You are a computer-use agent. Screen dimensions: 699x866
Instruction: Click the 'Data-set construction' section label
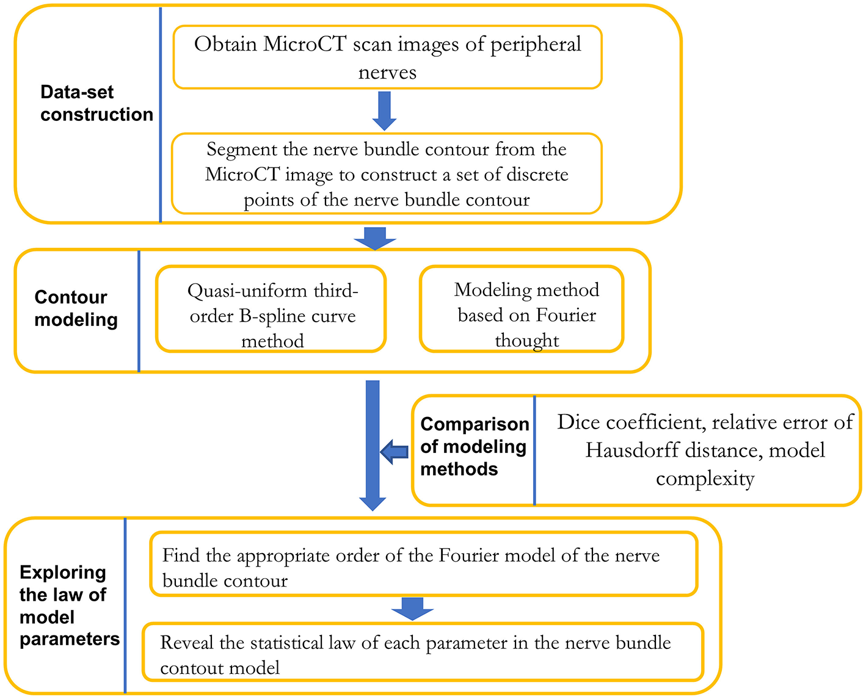tap(96, 103)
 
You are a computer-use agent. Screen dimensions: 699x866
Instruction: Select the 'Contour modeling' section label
tap(76, 308)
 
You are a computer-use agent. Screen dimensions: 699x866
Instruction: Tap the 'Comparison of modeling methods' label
tap(474, 446)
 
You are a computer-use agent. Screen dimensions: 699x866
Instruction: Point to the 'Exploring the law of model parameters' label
tap(69, 606)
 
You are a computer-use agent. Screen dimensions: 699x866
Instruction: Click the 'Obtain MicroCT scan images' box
tap(387, 57)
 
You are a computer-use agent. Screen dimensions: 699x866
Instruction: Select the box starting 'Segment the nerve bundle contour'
tap(387, 174)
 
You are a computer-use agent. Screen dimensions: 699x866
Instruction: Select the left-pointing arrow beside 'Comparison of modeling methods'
tap(395, 452)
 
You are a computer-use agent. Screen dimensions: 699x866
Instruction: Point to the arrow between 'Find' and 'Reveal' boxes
tap(413, 609)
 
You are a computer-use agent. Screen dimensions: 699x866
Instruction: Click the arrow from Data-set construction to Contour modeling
tap(375, 237)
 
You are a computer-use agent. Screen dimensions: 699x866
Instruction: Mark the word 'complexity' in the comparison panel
tap(705, 479)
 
